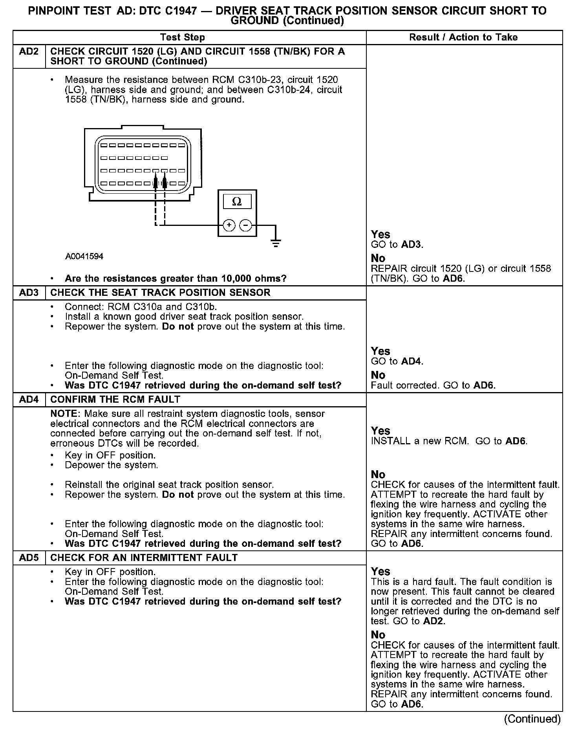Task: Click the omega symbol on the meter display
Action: [x=237, y=202]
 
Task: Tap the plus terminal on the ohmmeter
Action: [x=229, y=225]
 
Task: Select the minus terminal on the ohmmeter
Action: [x=246, y=225]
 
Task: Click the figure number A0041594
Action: [x=84, y=257]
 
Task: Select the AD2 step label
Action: [x=29, y=51]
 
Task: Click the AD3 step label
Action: [x=29, y=293]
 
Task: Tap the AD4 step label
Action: [x=29, y=400]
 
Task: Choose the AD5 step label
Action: [x=29, y=558]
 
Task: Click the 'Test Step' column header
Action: [x=182, y=37]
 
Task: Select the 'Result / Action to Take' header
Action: [x=463, y=37]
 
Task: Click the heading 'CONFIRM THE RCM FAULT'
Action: [x=115, y=400]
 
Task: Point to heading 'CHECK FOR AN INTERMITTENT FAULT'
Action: [x=144, y=558]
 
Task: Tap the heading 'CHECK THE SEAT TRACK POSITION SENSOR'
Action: [x=160, y=293]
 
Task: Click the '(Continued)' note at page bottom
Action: [x=532, y=719]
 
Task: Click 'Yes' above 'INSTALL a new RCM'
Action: [x=380, y=431]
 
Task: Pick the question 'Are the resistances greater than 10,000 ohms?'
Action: [x=176, y=279]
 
